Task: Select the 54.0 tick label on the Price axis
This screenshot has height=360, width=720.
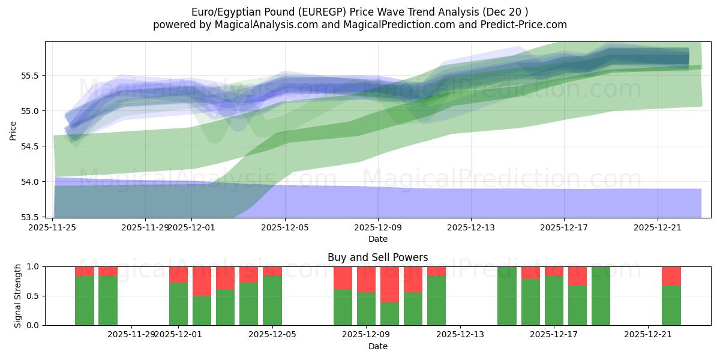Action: click(x=28, y=182)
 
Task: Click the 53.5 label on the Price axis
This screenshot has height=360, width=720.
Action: click(x=28, y=217)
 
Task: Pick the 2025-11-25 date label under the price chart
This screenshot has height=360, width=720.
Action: click(x=52, y=227)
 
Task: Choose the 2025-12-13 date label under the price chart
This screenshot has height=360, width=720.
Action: click(x=471, y=227)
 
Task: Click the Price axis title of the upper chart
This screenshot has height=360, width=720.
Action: click(x=13, y=130)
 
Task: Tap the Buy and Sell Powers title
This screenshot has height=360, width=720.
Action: click(x=377, y=257)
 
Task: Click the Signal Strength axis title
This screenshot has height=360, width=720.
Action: click(x=18, y=296)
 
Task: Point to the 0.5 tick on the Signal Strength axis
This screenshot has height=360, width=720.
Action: click(x=33, y=296)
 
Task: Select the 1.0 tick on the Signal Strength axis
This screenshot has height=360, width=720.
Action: click(x=33, y=266)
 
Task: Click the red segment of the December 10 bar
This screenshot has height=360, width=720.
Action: click(x=413, y=279)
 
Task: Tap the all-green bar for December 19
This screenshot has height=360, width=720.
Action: click(x=601, y=296)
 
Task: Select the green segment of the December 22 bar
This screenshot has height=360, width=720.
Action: click(x=671, y=305)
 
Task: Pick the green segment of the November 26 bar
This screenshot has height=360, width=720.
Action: click(x=85, y=301)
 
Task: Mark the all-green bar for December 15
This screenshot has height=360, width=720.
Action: click(x=507, y=296)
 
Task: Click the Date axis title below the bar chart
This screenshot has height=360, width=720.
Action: click(x=377, y=346)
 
